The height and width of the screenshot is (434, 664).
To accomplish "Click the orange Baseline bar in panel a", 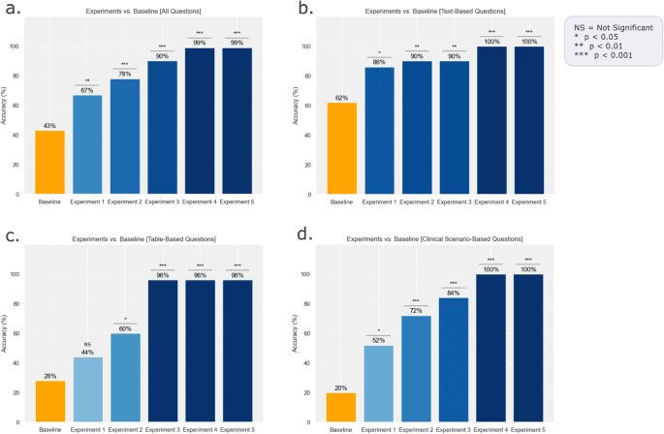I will [50, 162].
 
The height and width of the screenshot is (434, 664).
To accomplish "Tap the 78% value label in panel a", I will [124, 74].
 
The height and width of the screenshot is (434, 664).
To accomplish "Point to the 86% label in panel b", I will [379, 62].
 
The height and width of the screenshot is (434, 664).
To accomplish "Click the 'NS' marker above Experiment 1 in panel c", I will [87, 343].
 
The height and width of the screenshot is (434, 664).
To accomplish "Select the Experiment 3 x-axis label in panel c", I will [161, 429].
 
